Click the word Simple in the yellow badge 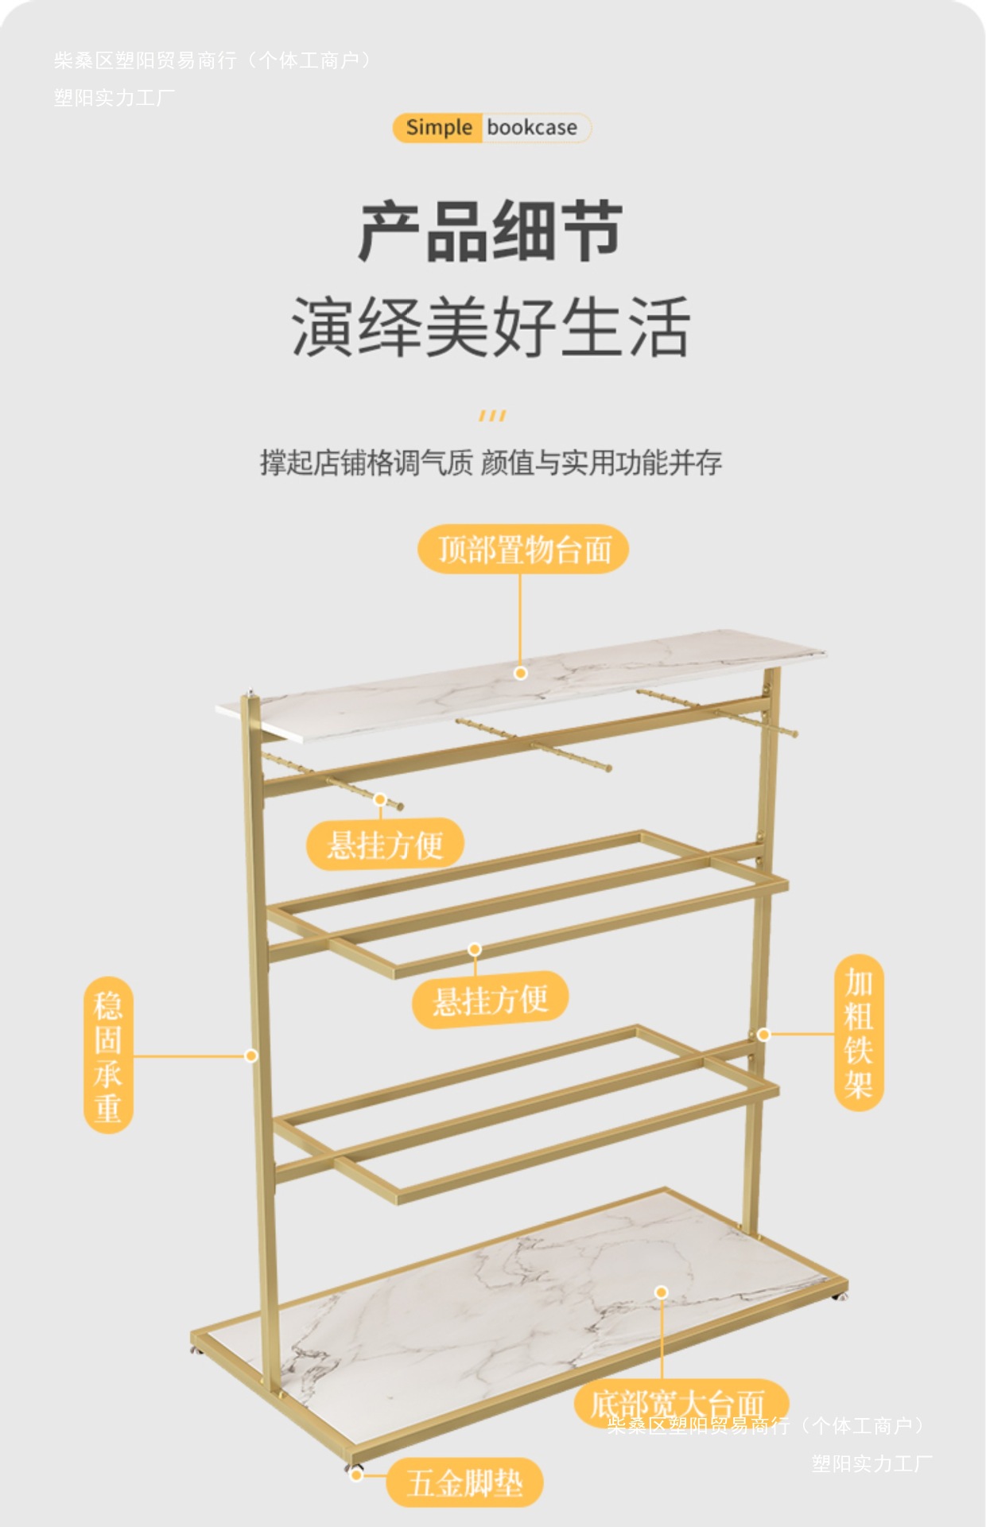(x=438, y=127)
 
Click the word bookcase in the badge (x=532, y=127)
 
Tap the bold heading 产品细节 (x=491, y=231)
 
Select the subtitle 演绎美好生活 (x=491, y=326)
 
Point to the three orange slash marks (x=492, y=416)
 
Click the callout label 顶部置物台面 (x=523, y=550)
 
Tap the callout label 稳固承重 (x=108, y=1055)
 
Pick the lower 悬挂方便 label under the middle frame (x=490, y=1000)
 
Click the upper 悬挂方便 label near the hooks (x=385, y=844)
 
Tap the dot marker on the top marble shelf (x=521, y=673)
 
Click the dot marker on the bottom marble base (x=662, y=1292)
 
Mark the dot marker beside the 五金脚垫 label (x=357, y=1475)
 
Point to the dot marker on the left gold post (x=251, y=1055)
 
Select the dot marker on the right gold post (x=763, y=1035)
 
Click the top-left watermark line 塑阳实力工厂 (x=115, y=98)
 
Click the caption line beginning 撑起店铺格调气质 (x=491, y=462)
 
